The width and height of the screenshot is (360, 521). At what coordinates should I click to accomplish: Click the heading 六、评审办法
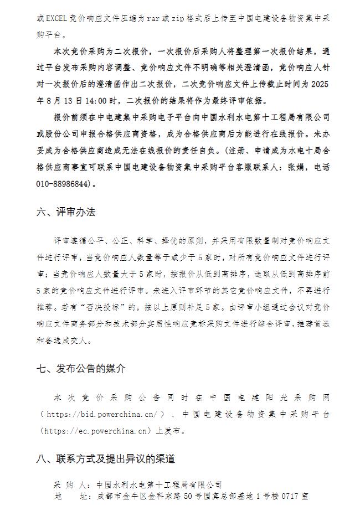pos(65,212)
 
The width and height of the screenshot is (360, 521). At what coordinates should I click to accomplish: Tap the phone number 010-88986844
pos(63,184)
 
